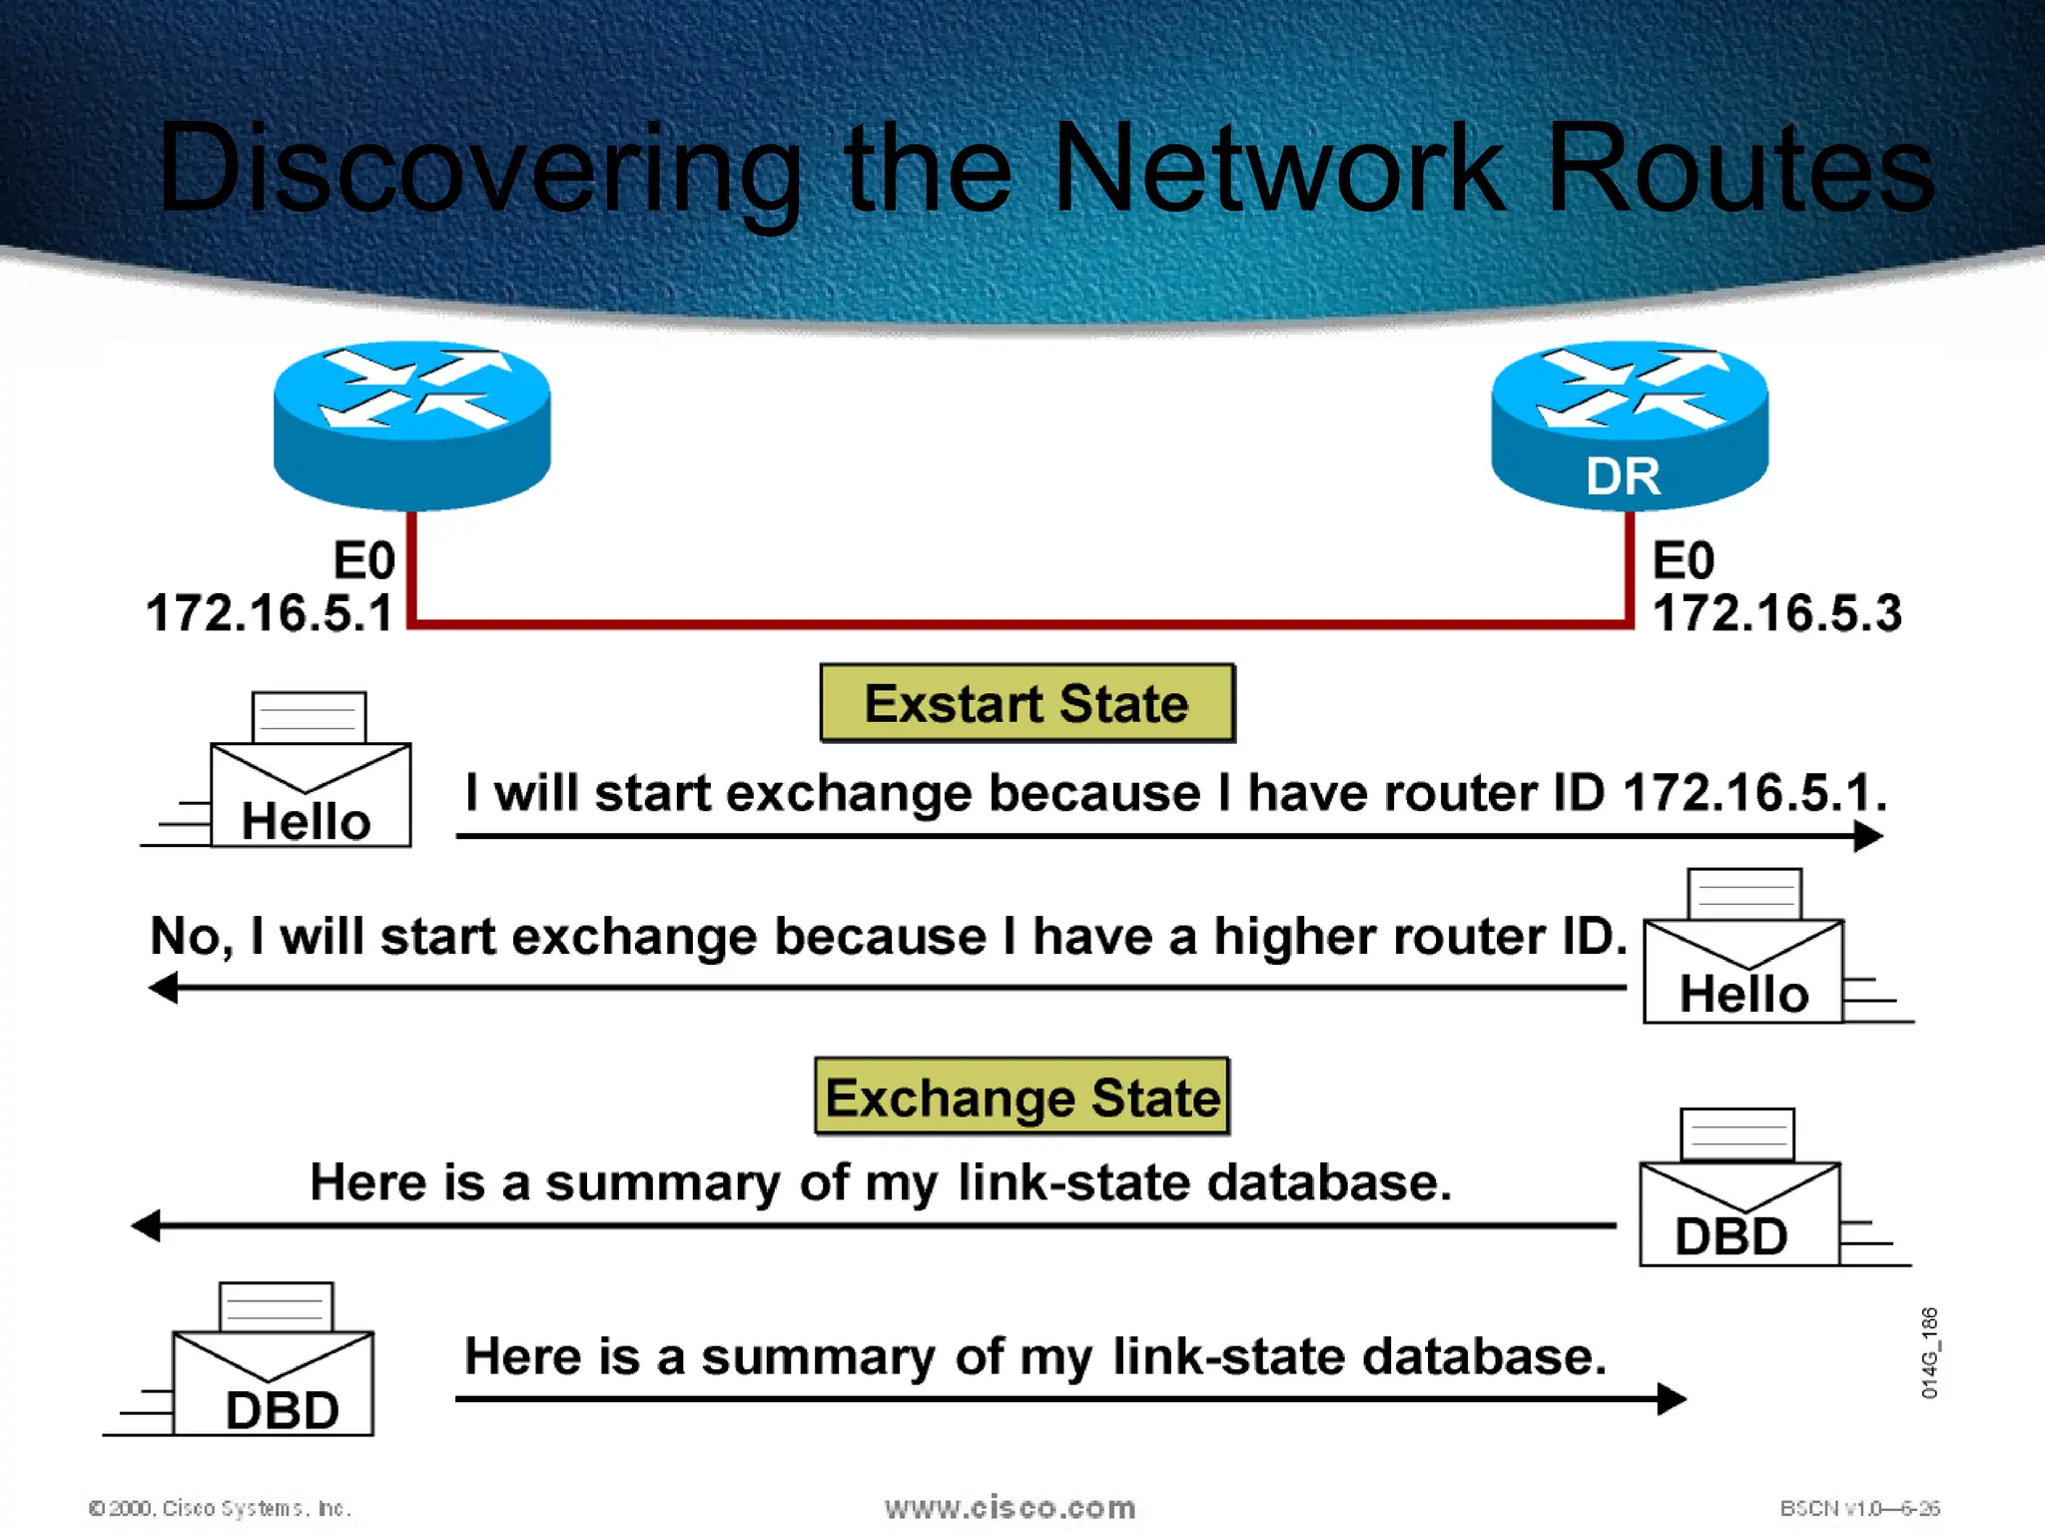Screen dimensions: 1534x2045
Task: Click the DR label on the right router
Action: pyautogui.click(x=1623, y=476)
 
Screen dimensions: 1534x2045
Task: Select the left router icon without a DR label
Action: pyautogui.click(x=411, y=424)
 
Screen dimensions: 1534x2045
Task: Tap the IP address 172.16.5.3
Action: pyautogui.click(x=1776, y=613)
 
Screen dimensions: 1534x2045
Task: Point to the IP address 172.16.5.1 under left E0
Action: pyautogui.click(x=270, y=613)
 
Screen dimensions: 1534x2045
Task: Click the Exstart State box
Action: pyautogui.click(x=1026, y=703)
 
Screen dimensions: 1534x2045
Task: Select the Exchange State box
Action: pyautogui.click(x=1022, y=1097)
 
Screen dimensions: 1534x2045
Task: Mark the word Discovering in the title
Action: pyautogui.click(x=479, y=168)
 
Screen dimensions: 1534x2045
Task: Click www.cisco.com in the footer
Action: pyautogui.click(x=1010, y=1507)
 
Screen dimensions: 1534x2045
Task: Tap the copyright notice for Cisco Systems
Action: pyautogui.click(x=220, y=1508)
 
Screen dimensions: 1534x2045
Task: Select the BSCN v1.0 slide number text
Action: pyautogui.click(x=1859, y=1508)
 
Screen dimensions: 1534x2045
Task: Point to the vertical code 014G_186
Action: pyautogui.click(x=1929, y=1352)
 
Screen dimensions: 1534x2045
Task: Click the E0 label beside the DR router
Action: pyautogui.click(x=1684, y=559)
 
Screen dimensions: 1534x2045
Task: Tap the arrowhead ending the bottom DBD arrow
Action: pyautogui.click(x=1672, y=1398)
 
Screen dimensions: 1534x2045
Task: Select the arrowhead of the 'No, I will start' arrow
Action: pyautogui.click(x=163, y=989)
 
